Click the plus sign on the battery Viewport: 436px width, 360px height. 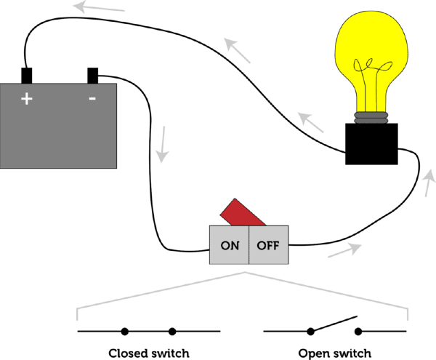[27, 100]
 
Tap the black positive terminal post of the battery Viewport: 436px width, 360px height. [27, 76]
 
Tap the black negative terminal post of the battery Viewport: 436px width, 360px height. [93, 76]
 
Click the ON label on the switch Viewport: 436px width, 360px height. [230, 246]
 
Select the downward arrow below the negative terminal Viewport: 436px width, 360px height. [164, 144]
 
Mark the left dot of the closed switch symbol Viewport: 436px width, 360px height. [125, 332]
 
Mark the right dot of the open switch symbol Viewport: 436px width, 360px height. [358, 332]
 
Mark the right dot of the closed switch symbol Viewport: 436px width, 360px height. [172, 332]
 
